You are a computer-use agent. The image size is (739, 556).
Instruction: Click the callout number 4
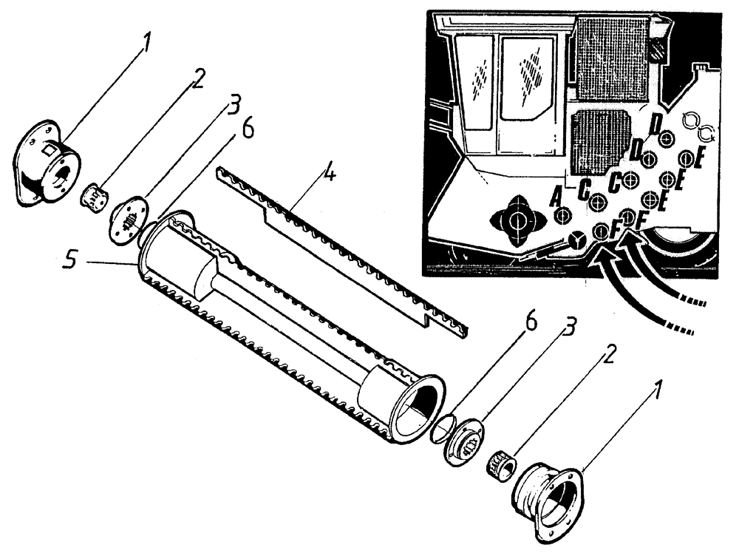click(329, 175)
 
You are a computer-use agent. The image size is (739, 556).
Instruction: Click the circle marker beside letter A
click(563, 215)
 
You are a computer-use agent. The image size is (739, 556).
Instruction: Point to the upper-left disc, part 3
click(129, 217)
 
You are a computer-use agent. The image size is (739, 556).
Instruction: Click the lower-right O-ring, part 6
click(442, 428)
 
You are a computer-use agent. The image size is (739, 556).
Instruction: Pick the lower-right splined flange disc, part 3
click(466, 442)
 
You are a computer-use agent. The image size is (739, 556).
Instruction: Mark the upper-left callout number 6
click(246, 128)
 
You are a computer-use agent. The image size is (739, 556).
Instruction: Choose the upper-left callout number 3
click(234, 105)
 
